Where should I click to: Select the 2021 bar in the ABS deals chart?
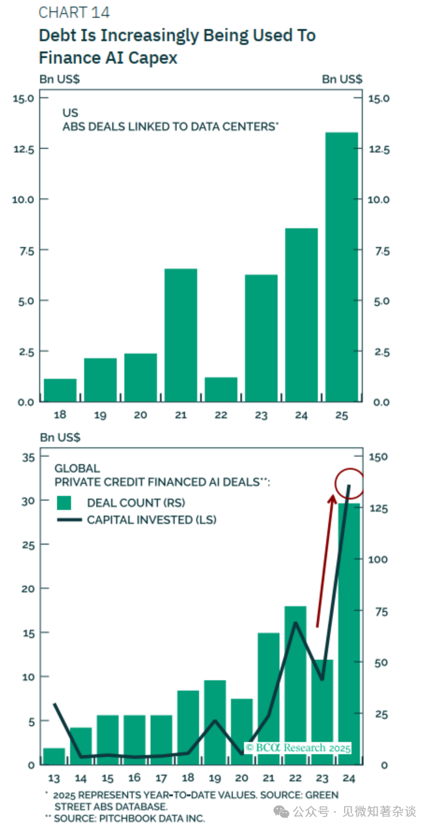(181, 335)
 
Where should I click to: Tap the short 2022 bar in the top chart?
(221, 389)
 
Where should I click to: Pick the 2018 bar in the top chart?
(60, 390)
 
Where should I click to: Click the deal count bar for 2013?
(54, 756)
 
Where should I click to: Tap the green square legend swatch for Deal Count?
(64, 503)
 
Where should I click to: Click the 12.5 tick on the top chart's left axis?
(24, 148)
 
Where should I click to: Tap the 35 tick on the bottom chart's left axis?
(28, 457)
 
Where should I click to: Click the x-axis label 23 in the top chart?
(261, 414)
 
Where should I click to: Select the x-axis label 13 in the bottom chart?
(54, 778)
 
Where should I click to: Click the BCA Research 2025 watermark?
(298, 747)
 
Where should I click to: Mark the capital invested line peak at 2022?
(295, 623)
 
